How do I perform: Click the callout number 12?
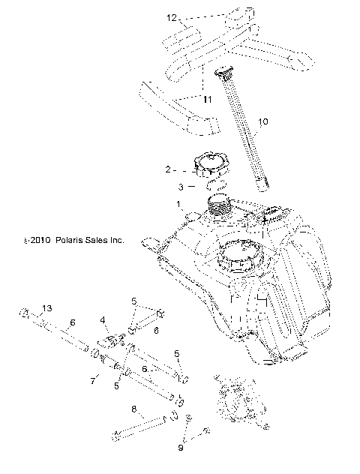pos(171,16)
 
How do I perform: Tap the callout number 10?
pos(262,121)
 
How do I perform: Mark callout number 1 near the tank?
pos(178,203)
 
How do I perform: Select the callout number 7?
pos(93,382)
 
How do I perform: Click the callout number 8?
pos(133,409)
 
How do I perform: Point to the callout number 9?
pos(181,447)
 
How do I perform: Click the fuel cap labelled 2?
pos(211,164)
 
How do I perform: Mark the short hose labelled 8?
pos(142,428)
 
